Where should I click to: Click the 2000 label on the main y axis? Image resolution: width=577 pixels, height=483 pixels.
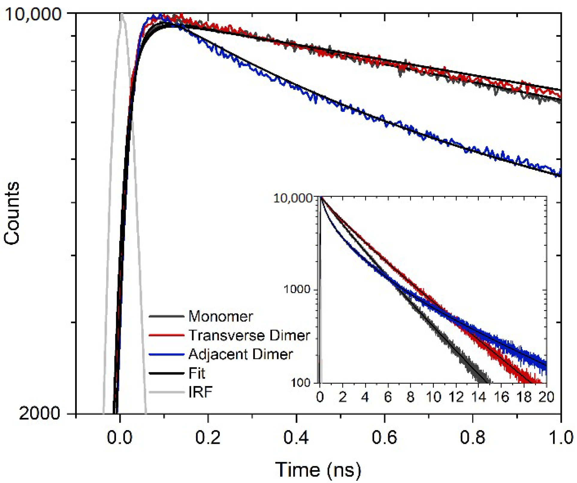point(40,414)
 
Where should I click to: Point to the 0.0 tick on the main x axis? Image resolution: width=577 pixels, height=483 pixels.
point(119,438)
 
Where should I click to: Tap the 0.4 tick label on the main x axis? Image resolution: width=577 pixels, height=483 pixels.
point(296,438)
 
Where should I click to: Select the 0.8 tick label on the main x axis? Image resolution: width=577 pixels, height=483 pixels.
point(472,438)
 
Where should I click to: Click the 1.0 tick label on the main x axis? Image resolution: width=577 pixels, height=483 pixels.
point(560,438)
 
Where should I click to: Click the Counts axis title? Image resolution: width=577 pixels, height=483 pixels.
point(12,213)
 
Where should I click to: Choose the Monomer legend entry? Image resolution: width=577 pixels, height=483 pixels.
point(220,316)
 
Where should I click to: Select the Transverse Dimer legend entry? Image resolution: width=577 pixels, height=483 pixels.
point(249,335)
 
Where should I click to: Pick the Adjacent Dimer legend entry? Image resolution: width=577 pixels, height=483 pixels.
point(240,354)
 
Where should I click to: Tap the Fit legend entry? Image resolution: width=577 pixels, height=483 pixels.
point(197,373)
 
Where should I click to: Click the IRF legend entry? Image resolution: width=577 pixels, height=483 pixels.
point(200,392)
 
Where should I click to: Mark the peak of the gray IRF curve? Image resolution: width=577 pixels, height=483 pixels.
point(122,14)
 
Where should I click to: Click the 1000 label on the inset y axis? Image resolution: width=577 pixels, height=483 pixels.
point(297,289)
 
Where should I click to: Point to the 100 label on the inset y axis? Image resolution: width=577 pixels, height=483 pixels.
point(300,383)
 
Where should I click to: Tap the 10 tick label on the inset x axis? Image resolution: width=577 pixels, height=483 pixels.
point(433,397)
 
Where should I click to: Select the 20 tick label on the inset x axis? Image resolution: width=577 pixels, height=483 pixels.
point(546,397)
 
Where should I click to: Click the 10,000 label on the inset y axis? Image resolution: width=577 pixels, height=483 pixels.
point(292,198)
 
